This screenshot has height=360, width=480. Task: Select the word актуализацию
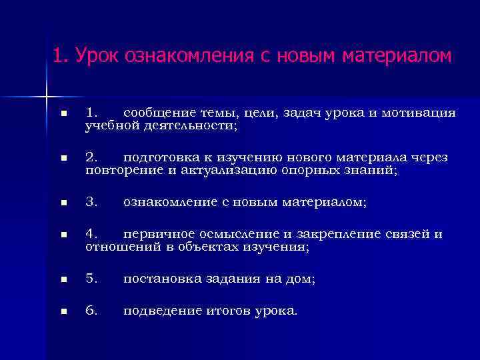tap(229, 170)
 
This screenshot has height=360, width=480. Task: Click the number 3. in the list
tap(92, 202)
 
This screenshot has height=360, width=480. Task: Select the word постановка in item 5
tap(160, 280)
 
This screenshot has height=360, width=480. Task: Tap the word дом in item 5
tap(300, 280)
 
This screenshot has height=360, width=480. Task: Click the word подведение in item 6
tap(161, 311)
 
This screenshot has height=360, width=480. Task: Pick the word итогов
tap(227, 311)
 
